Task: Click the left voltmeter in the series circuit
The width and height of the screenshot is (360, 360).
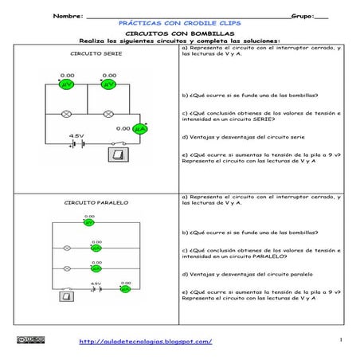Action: [x=67, y=84]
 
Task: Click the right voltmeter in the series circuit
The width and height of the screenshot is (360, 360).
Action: [x=108, y=84]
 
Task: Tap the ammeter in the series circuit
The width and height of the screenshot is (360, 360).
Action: [x=141, y=128]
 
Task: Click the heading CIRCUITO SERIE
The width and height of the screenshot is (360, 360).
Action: [x=91, y=54]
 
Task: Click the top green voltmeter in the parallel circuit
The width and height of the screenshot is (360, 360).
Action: [x=89, y=224]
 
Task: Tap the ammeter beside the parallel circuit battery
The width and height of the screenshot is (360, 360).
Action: [x=124, y=289]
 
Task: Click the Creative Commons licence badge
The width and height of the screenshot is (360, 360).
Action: [x=33, y=340]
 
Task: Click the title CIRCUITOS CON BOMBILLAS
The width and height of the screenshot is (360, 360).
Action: [x=180, y=34]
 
